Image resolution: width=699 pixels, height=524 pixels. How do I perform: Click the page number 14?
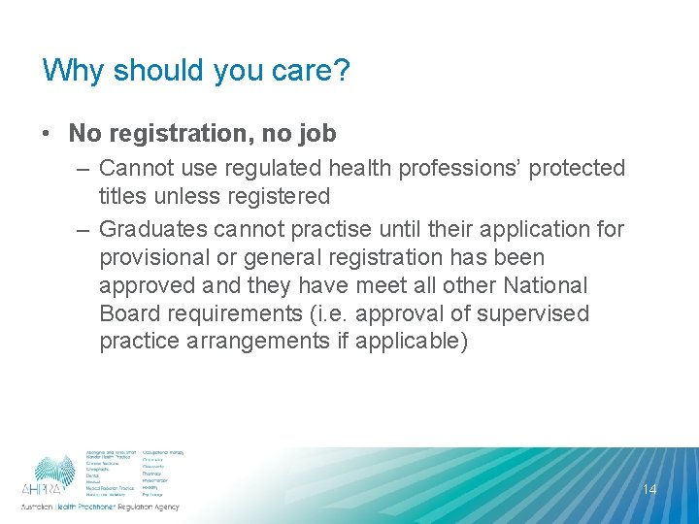[649, 489]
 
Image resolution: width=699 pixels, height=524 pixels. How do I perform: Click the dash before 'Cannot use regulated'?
[82, 169]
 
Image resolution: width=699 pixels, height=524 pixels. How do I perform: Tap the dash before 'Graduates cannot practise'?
[82, 230]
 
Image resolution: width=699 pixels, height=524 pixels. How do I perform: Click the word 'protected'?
[577, 169]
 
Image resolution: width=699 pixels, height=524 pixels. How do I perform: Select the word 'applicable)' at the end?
[420, 343]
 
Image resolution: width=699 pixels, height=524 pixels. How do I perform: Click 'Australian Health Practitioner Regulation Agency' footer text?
[100, 508]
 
